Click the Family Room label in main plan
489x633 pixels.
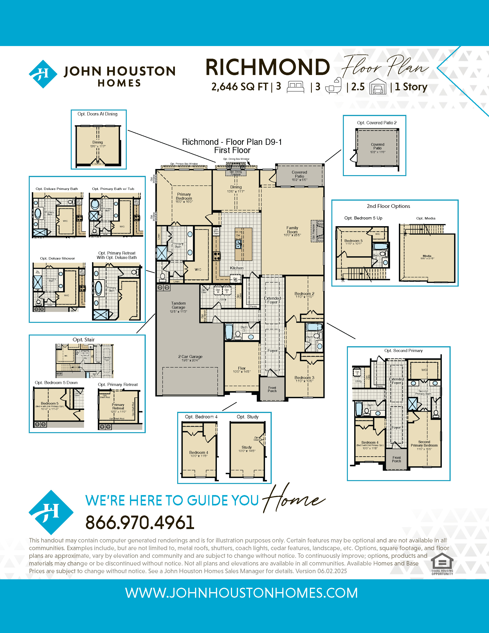tap(292, 230)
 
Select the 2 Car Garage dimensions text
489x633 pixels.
tap(190, 360)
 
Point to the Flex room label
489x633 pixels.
tap(242, 368)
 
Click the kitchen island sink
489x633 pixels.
tap(238, 246)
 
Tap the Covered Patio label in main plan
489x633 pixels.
tap(299, 174)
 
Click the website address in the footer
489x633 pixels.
tap(241, 593)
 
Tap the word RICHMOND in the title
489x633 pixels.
tap(267, 67)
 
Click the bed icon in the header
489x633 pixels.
tap(295, 87)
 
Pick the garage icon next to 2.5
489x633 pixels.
tap(378, 87)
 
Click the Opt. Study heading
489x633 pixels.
tap(247, 417)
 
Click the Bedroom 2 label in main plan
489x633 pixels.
tap(304, 294)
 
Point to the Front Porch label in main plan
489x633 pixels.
tap(272, 389)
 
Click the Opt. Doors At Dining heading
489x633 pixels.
tap(97, 114)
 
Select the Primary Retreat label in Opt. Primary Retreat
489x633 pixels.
tap(118, 406)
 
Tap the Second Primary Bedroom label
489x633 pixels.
tap(424, 444)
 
